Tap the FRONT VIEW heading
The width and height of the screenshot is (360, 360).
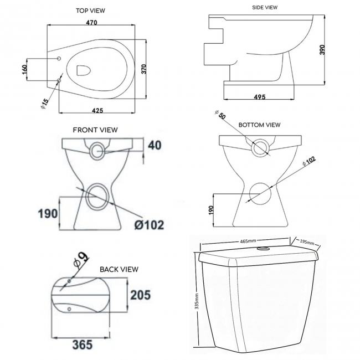pos(95,130)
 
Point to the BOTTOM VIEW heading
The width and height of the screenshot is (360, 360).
pos(259,125)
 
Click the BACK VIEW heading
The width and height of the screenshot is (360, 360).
pos(119,269)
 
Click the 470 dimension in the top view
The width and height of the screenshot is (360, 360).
pos(92,23)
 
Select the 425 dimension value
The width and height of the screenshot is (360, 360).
pos(97,111)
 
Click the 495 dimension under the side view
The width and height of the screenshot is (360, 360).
pos(259,97)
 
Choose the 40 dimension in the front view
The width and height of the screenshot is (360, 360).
pos(155,146)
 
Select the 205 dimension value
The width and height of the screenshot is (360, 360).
pos(140,295)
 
